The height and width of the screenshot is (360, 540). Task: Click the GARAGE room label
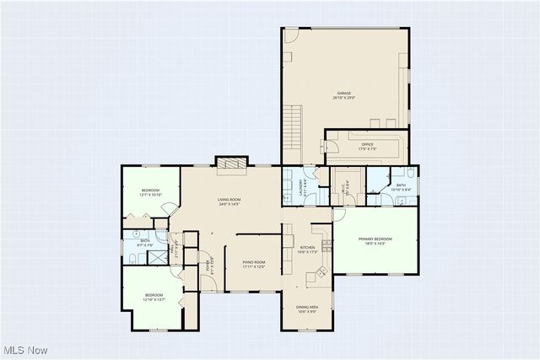coord(343,93)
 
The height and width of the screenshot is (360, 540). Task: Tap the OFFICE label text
coord(367,145)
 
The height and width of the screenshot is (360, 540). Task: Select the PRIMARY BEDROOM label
coord(376,239)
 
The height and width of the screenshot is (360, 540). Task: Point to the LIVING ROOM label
coord(229,199)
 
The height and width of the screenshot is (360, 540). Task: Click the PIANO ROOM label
coord(254,262)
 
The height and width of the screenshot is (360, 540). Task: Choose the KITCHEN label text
coord(307,248)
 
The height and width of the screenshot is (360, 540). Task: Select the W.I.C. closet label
coord(343,187)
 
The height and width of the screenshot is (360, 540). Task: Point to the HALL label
coord(174,250)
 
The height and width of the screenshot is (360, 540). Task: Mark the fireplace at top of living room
coord(231,164)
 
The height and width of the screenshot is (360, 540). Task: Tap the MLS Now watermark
coord(24,350)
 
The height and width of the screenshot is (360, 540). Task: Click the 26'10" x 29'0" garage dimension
coord(343,98)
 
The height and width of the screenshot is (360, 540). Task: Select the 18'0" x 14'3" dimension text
coord(376,244)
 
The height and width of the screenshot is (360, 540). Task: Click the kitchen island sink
coord(320,272)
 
